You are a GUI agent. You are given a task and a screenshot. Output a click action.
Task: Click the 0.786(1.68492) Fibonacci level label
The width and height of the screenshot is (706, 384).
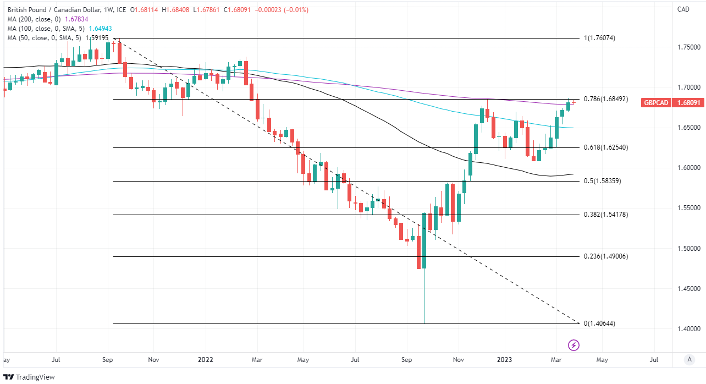point(606,100)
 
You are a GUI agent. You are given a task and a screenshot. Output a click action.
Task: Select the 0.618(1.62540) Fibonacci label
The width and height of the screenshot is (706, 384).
point(606,147)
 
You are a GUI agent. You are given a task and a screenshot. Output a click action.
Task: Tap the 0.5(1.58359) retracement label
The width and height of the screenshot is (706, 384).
point(603,181)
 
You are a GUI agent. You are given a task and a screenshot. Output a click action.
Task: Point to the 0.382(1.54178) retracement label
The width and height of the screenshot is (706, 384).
point(606,215)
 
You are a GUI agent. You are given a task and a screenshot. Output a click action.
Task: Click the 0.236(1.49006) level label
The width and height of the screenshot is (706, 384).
point(606,256)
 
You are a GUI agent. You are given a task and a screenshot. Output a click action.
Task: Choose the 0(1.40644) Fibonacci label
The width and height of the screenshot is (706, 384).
point(600,323)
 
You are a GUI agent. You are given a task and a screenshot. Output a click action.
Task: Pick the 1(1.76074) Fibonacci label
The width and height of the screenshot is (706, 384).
point(600,38)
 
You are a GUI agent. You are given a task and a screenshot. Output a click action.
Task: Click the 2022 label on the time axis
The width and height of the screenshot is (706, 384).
point(205,359)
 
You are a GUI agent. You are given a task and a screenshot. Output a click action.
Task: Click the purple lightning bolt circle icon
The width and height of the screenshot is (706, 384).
point(574,345)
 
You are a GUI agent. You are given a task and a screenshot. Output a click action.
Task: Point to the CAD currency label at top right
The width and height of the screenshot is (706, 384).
point(683,9)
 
